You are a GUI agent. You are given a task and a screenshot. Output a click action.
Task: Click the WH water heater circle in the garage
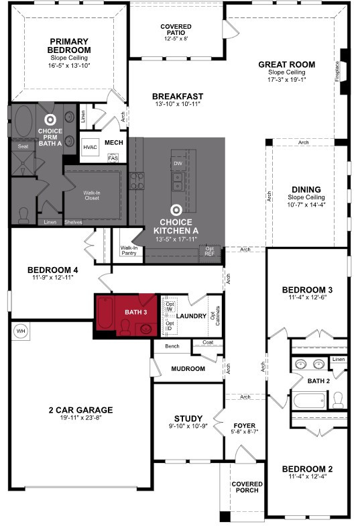click(21, 331)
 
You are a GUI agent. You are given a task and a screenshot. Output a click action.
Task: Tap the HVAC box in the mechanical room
click(90, 148)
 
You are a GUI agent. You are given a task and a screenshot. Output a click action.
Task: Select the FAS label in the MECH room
click(113, 158)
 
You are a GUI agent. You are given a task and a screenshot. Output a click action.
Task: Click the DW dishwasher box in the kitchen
click(178, 164)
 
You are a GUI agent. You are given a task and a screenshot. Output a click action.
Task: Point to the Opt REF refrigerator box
click(209, 251)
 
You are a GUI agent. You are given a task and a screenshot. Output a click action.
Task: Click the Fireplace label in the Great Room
click(337, 71)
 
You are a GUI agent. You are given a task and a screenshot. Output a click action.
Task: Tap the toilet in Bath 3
click(125, 327)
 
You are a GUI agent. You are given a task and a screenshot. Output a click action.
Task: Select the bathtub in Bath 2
click(310, 401)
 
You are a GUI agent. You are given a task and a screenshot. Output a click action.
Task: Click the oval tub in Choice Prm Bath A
click(23, 121)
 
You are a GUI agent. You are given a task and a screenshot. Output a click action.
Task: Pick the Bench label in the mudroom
click(172, 346)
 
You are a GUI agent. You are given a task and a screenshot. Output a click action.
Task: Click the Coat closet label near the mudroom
click(208, 342)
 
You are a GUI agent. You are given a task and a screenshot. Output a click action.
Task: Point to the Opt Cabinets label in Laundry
click(215, 315)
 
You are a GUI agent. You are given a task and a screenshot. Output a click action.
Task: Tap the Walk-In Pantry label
click(129, 251)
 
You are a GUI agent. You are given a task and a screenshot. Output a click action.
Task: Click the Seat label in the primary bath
click(23, 146)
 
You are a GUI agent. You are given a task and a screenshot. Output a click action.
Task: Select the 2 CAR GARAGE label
click(80, 410)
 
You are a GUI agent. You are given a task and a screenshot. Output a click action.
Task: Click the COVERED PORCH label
click(247, 487)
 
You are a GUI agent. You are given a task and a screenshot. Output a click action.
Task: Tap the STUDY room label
click(188, 419)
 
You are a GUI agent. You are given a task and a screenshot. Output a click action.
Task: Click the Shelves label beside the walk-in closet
click(73, 222)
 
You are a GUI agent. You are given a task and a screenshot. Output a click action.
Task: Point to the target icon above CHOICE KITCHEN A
click(176, 211)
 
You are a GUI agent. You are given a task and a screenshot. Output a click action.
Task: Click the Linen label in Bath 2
click(339, 360)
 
